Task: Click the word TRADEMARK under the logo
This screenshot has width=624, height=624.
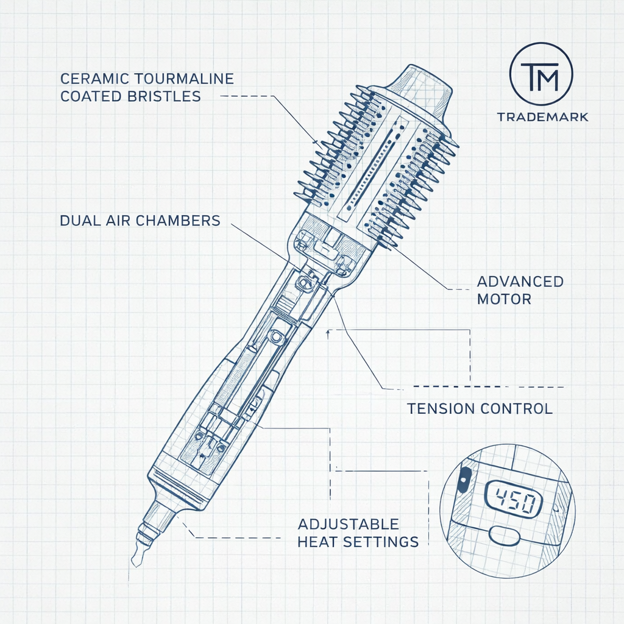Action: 542,117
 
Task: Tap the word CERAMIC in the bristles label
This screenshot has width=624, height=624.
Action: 94,79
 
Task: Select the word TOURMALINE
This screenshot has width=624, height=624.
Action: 184,79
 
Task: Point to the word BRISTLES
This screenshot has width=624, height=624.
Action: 165,96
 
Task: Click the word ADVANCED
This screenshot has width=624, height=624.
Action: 520,282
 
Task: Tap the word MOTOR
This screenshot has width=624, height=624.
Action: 504,299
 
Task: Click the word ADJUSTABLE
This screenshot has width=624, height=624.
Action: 348,524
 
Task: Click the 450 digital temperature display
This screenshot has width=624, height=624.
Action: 513,500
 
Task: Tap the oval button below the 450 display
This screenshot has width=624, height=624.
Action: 504,536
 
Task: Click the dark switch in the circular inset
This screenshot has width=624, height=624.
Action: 463,480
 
